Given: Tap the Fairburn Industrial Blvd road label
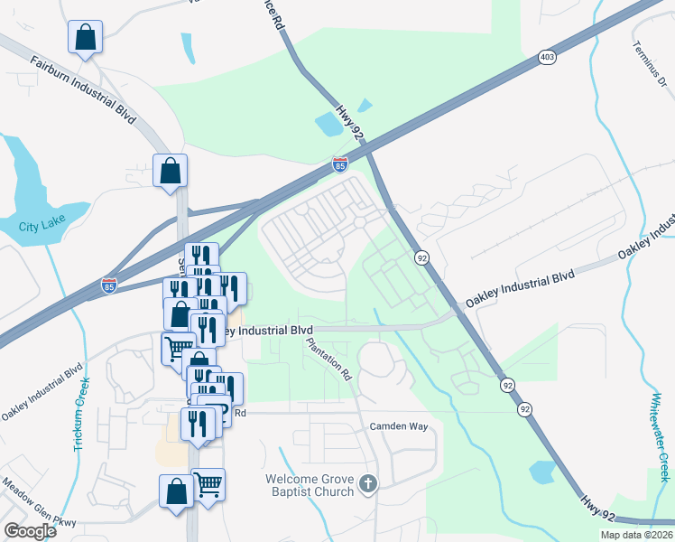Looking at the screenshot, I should click(x=82, y=89).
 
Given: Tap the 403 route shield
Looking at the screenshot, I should click(x=547, y=57).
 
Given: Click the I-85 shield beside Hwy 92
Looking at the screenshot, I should click(x=339, y=164).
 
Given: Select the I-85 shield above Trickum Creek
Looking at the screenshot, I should click(x=108, y=285).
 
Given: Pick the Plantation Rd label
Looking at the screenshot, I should click(x=328, y=358).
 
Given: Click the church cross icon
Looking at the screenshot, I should click(x=366, y=485).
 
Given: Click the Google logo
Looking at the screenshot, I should click(x=30, y=531).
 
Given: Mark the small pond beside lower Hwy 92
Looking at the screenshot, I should click(x=541, y=472).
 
